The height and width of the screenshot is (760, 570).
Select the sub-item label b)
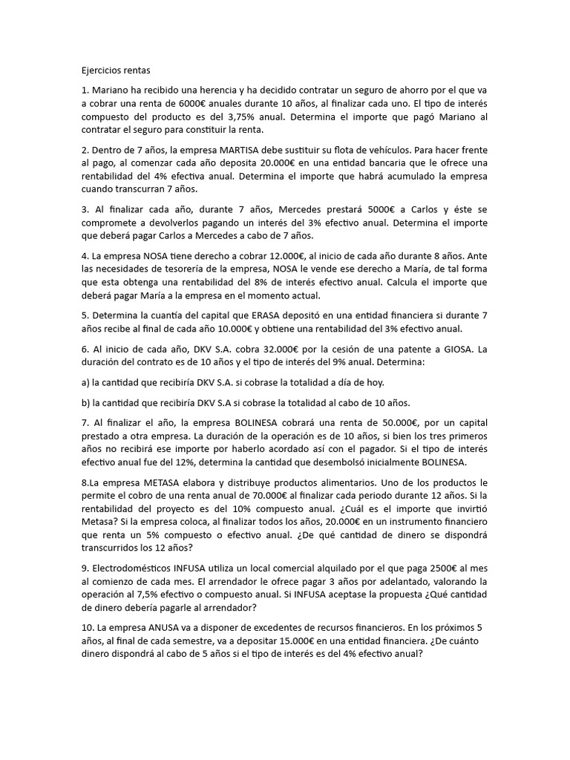[x=86, y=402]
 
